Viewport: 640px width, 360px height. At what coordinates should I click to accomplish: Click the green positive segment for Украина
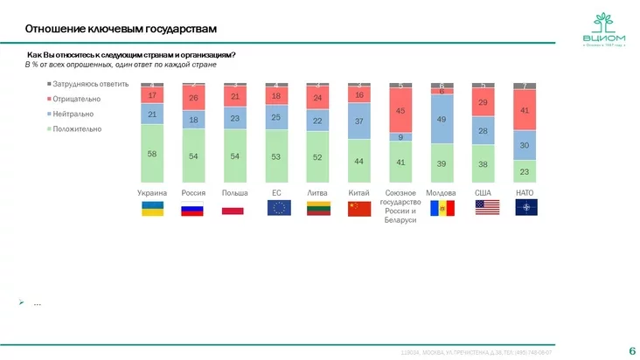(152, 153)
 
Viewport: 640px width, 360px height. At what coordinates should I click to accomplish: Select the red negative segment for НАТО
(525, 111)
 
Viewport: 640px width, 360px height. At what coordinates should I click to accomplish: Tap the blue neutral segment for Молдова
(442, 119)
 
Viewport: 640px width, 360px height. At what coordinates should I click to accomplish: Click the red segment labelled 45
(400, 111)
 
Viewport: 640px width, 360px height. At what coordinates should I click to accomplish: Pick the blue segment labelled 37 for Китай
(359, 121)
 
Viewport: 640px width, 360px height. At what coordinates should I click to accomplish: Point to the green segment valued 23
(525, 171)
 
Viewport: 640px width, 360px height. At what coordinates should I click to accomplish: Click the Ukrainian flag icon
(152, 209)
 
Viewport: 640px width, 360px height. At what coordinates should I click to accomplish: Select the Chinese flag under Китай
(359, 209)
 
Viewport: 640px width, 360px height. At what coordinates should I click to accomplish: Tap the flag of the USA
(484, 207)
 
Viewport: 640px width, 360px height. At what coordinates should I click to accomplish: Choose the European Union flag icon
(277, 207)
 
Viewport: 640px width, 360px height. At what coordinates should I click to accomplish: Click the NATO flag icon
(525, 207)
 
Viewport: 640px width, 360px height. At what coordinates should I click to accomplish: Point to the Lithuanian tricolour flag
(317, 209)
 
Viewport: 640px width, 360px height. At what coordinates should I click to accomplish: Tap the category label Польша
(234, 192)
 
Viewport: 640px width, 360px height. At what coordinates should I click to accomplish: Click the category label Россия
(193, 192)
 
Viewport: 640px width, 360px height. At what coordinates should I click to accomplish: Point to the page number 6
(631, 350)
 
